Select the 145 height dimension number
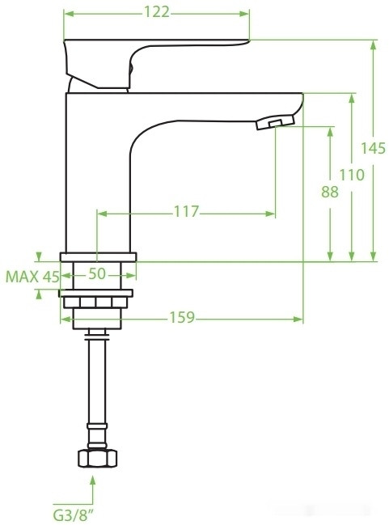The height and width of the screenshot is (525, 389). click(x=373, y=149)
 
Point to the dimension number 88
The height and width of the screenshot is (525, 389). click(x=330, y=193)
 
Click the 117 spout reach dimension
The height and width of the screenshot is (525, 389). click(x=186, y=212)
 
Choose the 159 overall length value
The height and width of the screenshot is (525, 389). click(x=181, y=318)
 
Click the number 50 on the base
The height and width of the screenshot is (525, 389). click(x=97, y=274)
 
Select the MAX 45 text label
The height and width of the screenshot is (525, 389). click(x=33, y=277)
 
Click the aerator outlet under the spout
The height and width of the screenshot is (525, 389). click(x=273, y=122)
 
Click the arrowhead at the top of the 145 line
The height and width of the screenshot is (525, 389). click(x=373, y=45)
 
